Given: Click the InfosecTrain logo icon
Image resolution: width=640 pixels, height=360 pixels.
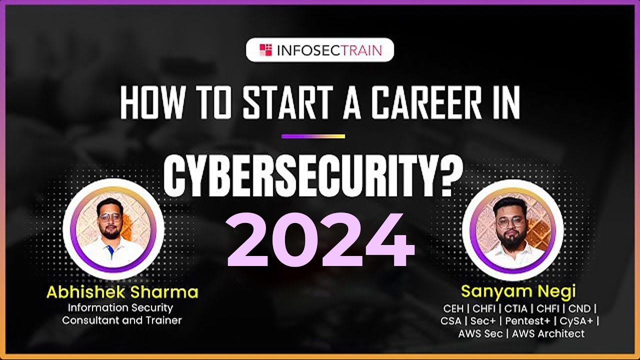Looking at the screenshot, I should coord(265,50).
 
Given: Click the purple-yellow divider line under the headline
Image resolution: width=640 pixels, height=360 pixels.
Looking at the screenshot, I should coord(313,136).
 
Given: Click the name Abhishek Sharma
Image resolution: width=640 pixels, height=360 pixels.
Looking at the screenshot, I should coord(122,292).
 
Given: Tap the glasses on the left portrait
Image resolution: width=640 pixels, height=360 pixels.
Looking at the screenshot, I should coord(109,218).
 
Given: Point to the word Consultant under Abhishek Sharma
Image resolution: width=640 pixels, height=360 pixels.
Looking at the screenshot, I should coord(90,320).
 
